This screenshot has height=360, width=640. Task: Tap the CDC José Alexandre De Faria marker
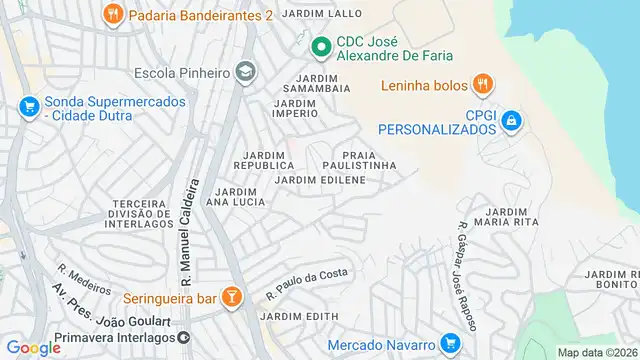tap(321, 46)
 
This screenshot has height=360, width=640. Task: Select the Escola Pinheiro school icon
tap(246, 72)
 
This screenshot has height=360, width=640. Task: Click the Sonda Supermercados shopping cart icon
tap(28, 106)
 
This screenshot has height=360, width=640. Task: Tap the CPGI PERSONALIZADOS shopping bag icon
tap(510, 120)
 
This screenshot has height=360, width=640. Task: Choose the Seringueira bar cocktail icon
tap(232, 297)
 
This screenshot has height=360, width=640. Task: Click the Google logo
tap(34, 348)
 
